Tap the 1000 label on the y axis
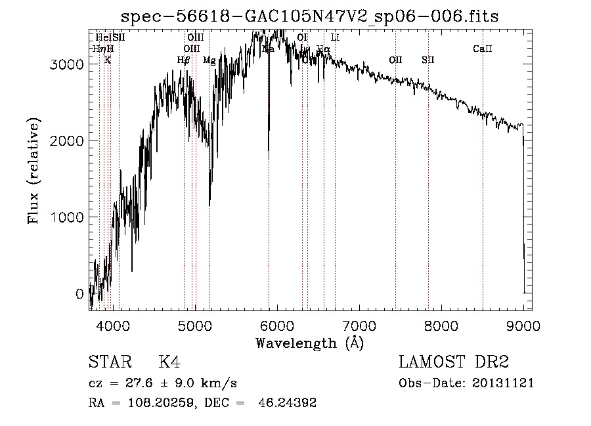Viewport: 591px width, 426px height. coord(67,217)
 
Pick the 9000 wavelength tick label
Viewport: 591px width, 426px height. coord(523,326)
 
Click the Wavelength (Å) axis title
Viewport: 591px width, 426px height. coord(309,343)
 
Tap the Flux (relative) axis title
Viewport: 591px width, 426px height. coord(33,171)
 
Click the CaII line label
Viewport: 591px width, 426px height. coord(483,49)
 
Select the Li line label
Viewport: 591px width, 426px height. coord(335,37)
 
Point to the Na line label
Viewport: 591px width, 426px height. coord(268,49)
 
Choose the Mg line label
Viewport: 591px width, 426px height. coord(209,60)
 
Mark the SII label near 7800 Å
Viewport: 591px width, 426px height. coord(428,60)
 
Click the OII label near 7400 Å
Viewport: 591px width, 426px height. coord(395,60)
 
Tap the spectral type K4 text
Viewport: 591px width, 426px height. coord(169,362)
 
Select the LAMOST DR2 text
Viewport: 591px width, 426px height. coord(454,362)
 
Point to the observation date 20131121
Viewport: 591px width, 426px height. coord(502,383)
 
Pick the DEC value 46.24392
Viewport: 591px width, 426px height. coord(288,403)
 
